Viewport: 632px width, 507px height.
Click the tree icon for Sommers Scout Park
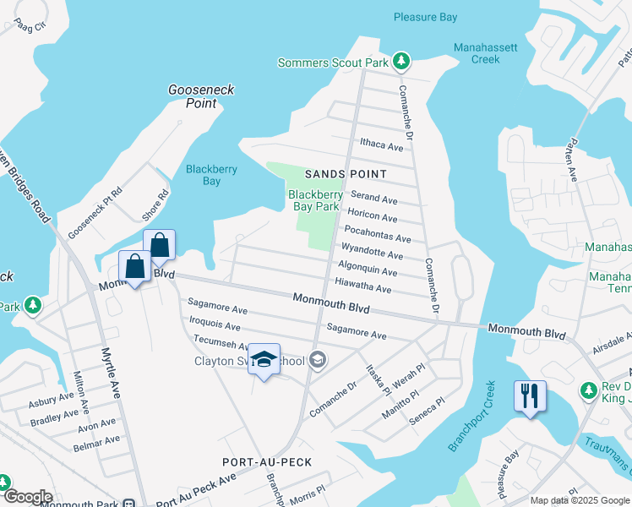pyautogui.click(x=402, y=62)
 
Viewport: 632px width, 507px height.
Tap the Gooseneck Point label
pyautogui.click(x=201, y=96)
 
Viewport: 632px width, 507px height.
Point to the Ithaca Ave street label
pyautogui.click(x=382, y=145)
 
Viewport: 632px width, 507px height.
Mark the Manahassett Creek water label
pyautogui.click(x=486, y=53)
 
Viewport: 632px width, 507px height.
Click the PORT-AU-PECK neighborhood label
pyautogui.click(x=267, y=462)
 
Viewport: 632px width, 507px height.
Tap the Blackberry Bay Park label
pyautogui.click(x=315, y=200)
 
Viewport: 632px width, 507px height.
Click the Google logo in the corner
pyautogui.click(x=27, y=497)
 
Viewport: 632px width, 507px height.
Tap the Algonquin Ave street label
pyautogui.click(x=367, y=270)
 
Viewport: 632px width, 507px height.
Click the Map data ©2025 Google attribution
pyautogui.click(x=579, y=500)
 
